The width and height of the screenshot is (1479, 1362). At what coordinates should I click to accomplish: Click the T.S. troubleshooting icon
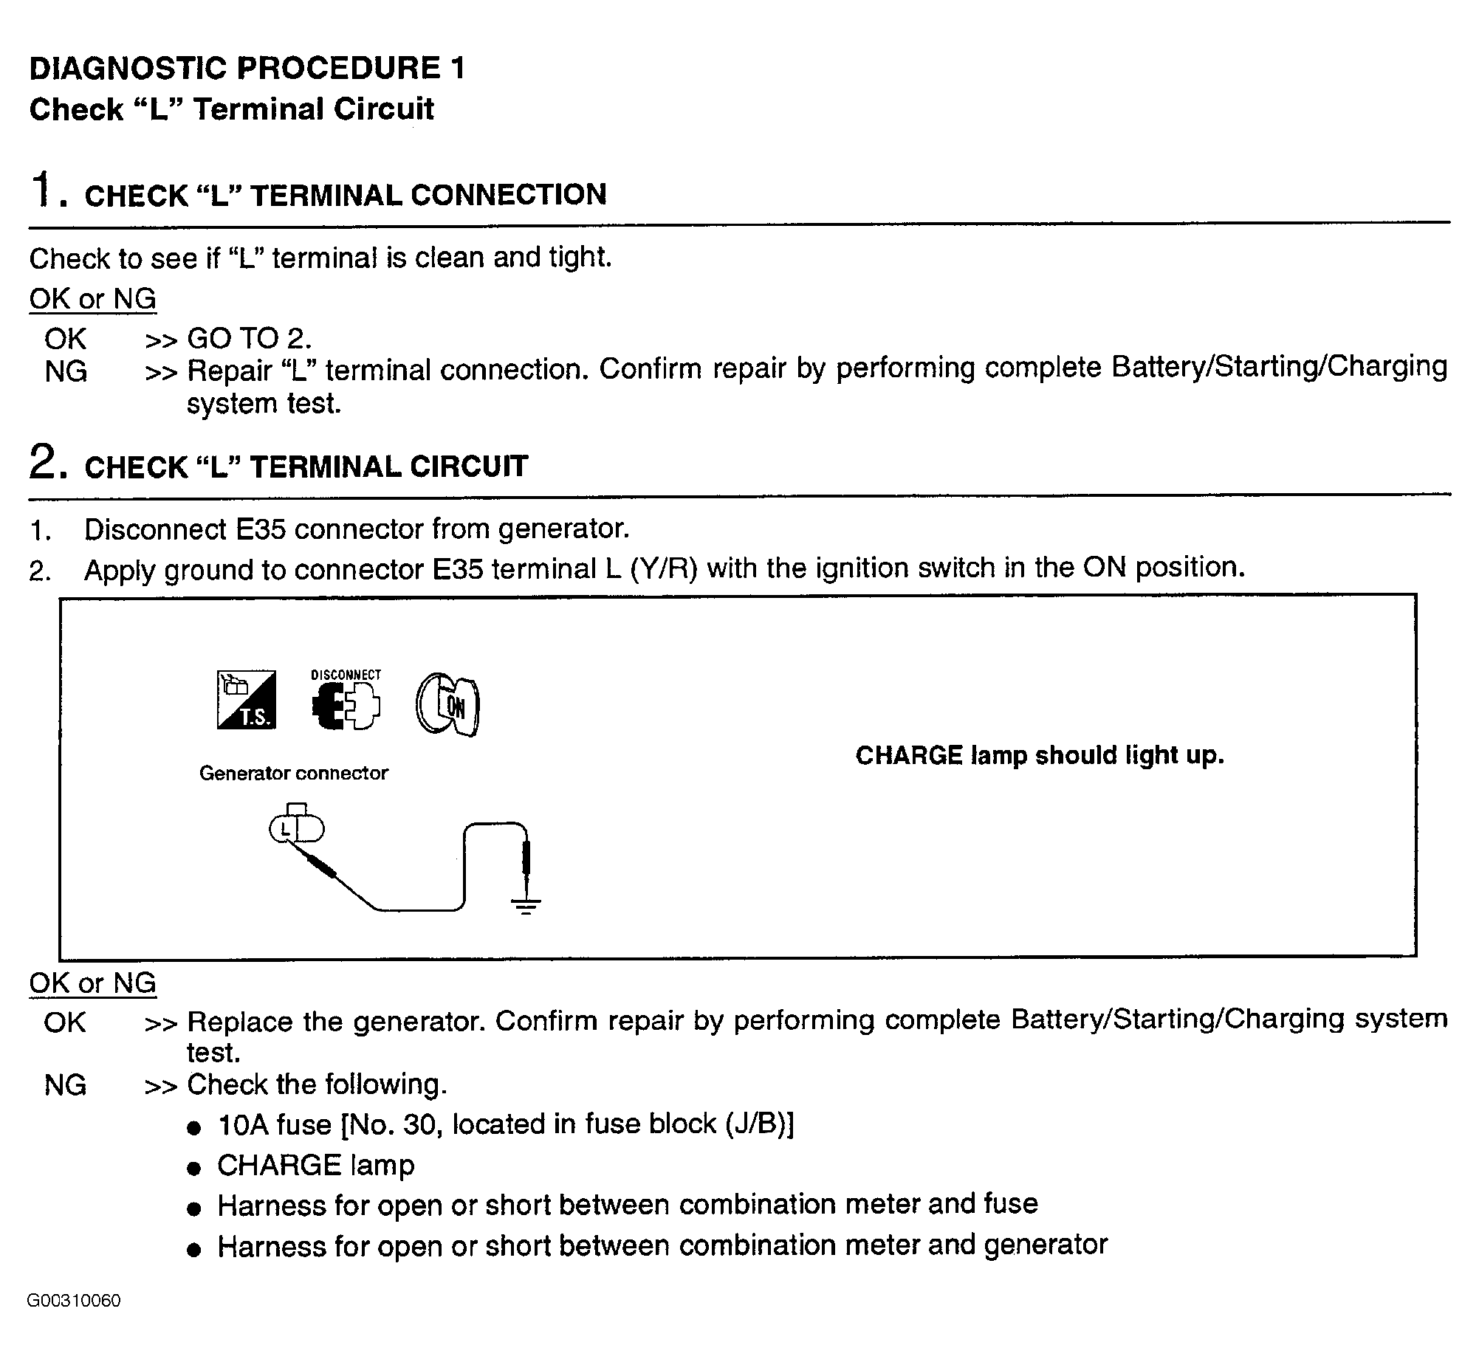[x=246, y=700]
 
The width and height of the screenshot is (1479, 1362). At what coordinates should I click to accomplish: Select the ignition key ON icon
[x=447, y=705]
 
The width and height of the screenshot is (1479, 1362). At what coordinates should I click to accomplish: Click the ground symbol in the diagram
[x=525, y=907]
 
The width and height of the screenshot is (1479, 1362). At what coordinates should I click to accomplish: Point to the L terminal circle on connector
[x=284, y=829]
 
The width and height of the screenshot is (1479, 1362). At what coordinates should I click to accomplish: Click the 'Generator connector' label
[x=293, y=773]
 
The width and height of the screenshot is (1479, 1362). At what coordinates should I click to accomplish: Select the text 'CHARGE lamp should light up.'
[x=1039, y=755]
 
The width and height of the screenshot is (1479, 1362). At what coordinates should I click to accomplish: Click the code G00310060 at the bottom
[x=74, y=1301]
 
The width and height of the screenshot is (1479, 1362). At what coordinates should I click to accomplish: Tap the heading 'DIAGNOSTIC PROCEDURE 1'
[x=247, y=68]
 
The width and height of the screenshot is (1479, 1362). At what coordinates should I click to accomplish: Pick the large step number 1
[x=43, y=190]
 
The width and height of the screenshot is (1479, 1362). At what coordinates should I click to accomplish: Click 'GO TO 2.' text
[x=249, y=339]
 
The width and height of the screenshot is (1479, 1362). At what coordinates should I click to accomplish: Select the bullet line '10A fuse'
[x=505, y=1124]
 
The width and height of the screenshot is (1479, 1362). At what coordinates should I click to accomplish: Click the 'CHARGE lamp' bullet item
[x=315, y=1165]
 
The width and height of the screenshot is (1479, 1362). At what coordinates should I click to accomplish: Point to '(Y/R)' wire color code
[x=664, y=568]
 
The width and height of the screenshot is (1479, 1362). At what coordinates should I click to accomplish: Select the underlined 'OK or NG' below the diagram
[x=92, y=983]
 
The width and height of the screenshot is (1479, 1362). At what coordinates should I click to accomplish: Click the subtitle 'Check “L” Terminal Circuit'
[x=231, y=109]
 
